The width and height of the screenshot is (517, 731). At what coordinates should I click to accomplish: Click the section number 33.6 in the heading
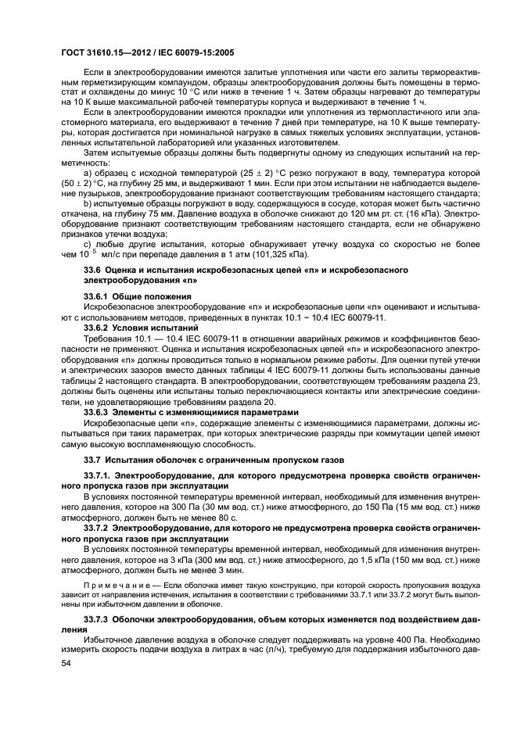tap(93, 270)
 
